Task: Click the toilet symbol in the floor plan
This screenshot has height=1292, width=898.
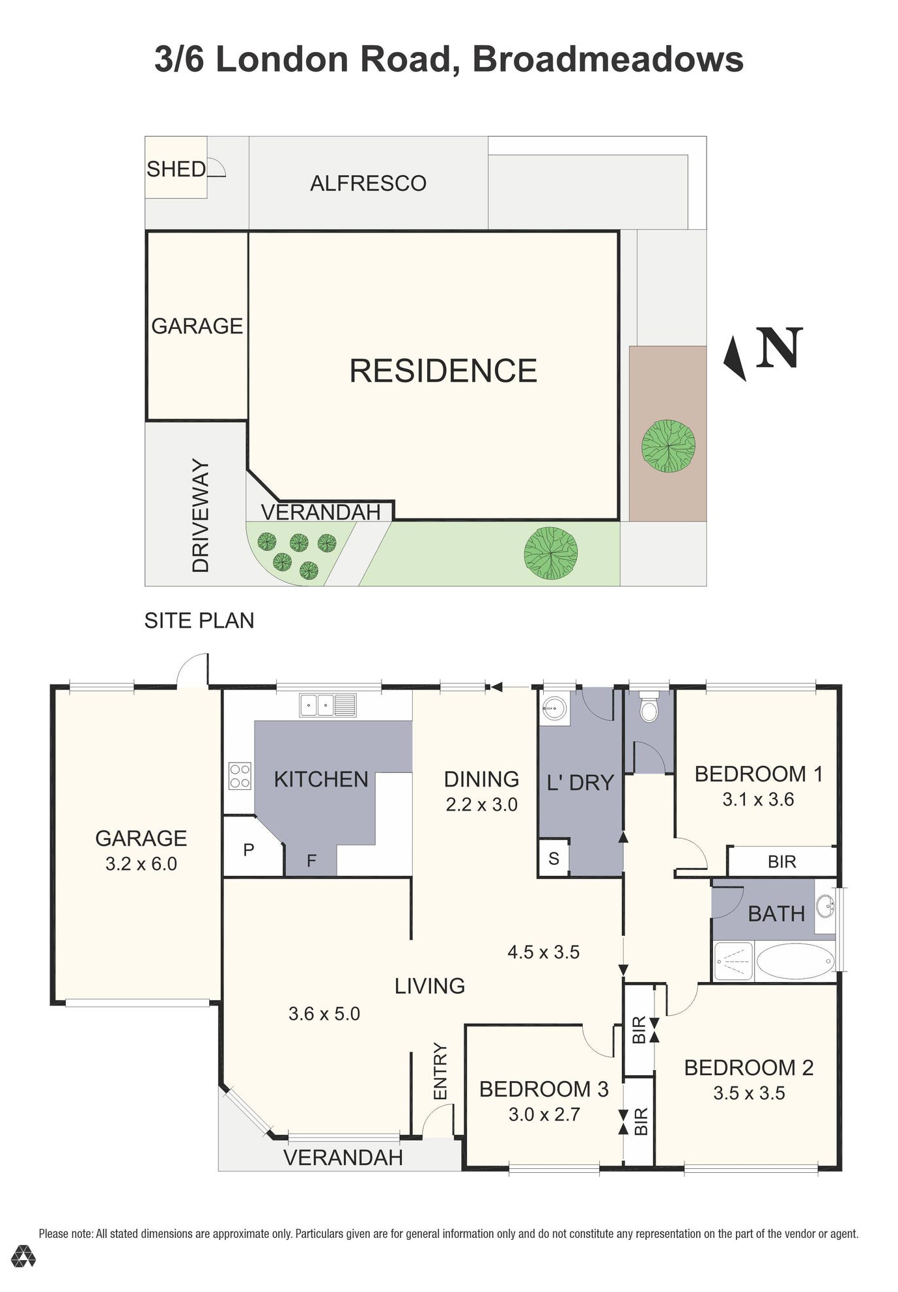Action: [x=649, y=710]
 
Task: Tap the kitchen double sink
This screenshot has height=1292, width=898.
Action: [x=328, y=705]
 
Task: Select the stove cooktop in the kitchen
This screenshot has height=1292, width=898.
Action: [x=240, y=776]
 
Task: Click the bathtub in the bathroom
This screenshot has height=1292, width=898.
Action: [x=795, y=961]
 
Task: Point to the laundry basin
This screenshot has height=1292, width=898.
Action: [x=554, y=708]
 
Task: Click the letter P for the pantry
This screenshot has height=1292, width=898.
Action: [x=248, y=850]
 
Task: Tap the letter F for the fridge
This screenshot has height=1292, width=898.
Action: [x=311, y=861]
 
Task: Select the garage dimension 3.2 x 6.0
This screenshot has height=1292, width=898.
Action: [x=141, y=864]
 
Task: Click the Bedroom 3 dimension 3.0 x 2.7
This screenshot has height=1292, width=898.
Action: [x=544, y=1114]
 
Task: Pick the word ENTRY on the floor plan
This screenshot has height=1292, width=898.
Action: [x=440, y=1071]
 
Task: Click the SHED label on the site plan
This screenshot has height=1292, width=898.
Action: [x=176, y=169]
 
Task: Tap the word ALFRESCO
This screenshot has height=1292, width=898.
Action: [x=368, y=184]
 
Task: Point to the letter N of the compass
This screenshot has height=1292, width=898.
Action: [x=779, y=348]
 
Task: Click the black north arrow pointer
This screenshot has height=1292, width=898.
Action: [x=735, y=358]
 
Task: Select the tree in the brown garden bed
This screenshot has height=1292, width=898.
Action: [x=668, y=446]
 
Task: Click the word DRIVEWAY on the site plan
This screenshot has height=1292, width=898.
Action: [x=201, y=515]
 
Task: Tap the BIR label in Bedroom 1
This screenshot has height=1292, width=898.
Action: [x=781, y=862]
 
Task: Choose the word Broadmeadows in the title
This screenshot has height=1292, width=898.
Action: [x=607, y=59]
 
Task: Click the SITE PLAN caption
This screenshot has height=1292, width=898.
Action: [x=199, y=621]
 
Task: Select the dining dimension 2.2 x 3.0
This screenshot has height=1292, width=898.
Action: [x=481, y=804]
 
